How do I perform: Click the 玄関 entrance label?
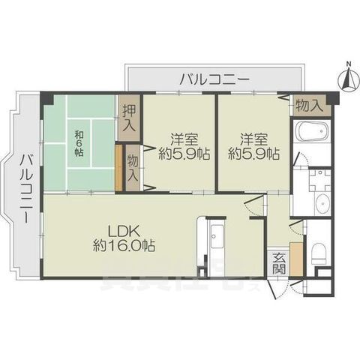279,263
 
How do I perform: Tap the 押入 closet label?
129,117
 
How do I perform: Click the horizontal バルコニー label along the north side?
214,77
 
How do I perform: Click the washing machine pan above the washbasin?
319,178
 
